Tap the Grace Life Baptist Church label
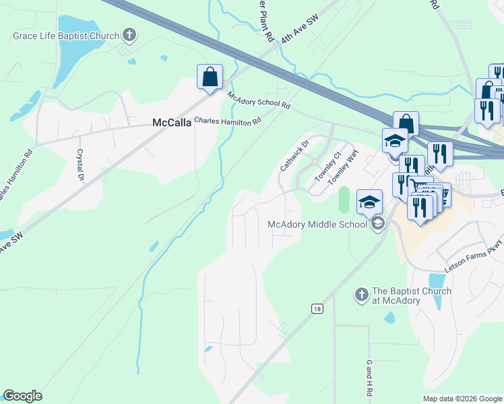coord(66,36)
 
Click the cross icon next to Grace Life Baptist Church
coord(130,35)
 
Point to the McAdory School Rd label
coord(259,101)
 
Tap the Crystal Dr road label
coord(80,165)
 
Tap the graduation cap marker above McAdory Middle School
coord(369,201)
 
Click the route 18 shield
coord(317,308)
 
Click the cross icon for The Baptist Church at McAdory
coord(360,295)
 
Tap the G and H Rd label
coord(369,378)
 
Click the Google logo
coord(22,396)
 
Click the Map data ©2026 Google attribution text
coord(462,399)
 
